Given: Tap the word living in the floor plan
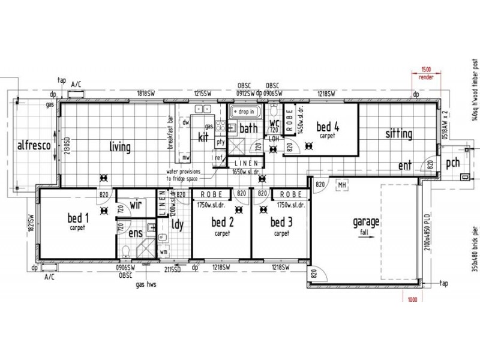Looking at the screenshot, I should click(x=120, y=146).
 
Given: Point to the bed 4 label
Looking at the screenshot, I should click(x=328, y=127).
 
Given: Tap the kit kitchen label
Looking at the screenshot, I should click(x=203, y=137).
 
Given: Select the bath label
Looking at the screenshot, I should click(x=248, y=128).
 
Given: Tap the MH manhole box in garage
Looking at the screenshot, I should click(x=343, y=185).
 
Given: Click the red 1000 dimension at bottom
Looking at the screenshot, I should click(x=412, y=299).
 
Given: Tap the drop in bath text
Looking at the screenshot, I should click(x=247, y=112).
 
